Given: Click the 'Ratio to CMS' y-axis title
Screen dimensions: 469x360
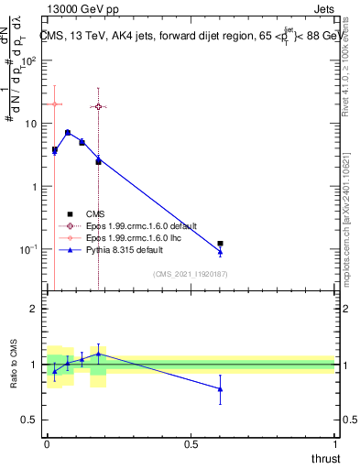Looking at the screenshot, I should [x=15, y=364].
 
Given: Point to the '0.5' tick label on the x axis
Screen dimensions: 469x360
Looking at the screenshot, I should [x=191, y=443].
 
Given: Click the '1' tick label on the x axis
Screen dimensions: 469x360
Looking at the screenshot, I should [x=334, y=443].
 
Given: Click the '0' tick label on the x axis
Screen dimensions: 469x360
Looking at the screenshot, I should [x=47, y=443].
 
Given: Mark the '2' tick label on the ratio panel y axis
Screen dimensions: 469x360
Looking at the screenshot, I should [x=35, y=309].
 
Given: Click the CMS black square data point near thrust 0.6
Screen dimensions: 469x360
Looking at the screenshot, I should [x=220, y=244].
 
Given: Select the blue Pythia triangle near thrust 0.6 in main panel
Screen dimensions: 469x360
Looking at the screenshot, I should [x=220, y=252].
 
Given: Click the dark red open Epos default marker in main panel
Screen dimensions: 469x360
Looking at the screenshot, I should [x=98, y=107].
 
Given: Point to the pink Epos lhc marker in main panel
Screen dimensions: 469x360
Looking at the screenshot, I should [x=55, y=104].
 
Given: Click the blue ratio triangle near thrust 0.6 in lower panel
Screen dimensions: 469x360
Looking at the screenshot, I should [x=220, y=389].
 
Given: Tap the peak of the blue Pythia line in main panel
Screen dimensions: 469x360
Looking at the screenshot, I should [x=68, y=132].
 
